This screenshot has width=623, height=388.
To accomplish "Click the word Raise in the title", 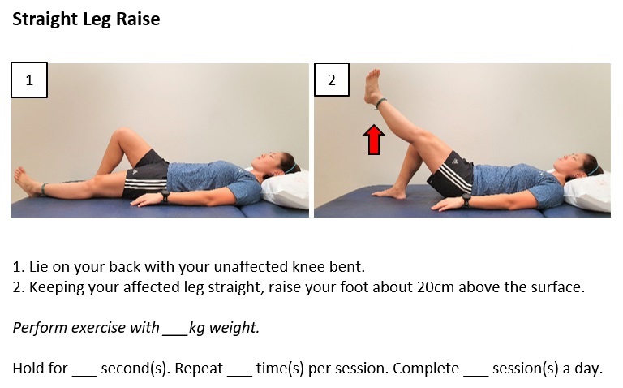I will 135,19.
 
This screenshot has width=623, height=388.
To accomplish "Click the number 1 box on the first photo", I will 29,80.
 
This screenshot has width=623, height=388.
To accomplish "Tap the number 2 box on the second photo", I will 331,80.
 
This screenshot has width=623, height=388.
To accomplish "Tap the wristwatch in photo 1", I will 165,196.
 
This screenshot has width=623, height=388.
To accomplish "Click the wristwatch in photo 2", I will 466,199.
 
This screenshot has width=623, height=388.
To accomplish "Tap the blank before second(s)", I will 84,369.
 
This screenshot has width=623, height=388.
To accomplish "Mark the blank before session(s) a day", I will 475,369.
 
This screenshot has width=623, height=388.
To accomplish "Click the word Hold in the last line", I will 28,368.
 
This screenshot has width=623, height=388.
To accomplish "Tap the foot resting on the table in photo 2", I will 390,192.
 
